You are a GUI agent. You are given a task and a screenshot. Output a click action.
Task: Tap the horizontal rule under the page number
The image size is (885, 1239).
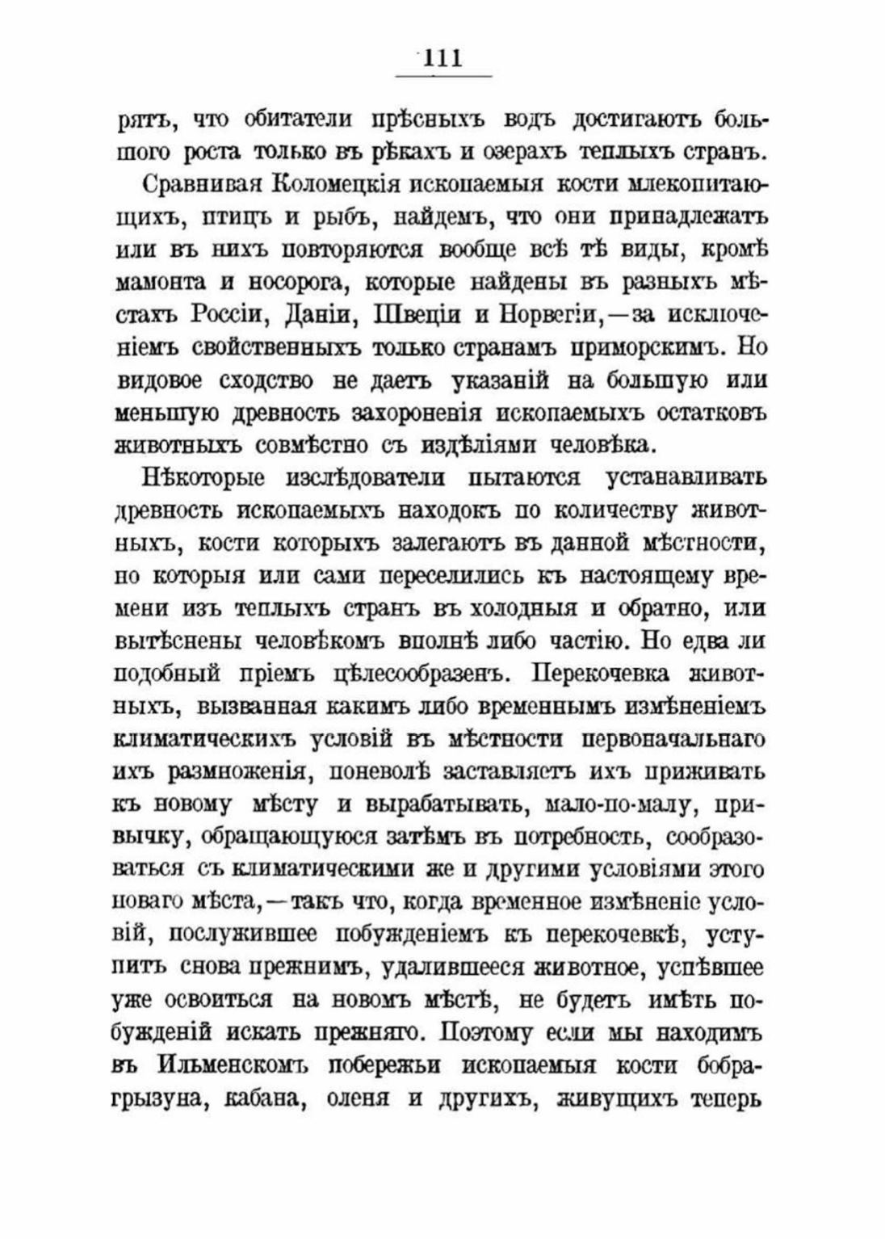442,77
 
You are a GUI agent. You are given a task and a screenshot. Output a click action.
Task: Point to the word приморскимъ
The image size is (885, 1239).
648,346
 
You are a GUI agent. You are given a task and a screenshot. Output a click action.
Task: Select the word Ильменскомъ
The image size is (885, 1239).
229,1065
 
